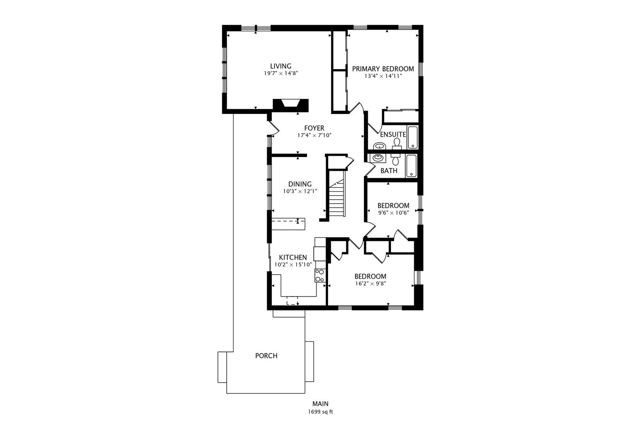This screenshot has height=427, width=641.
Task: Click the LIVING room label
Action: pyautogui.click(x=281, y=66)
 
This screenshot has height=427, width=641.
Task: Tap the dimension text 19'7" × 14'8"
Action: pyautogui.click(x=281, y=73)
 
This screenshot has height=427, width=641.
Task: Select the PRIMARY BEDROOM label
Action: pyautogui.click(x=383, y=68)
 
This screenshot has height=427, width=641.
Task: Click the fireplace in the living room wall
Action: pyautogui.click(x=291, y=104)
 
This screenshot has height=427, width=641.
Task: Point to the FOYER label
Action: pyautogui.click(x=314, y=128)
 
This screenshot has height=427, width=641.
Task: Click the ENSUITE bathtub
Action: pyautogui.click(x=413, y=137)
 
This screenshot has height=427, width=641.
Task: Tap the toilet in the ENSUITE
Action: pyautogui.click(x=397, y=144)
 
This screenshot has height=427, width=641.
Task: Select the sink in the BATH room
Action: pyautogui.click(x=378, y=158)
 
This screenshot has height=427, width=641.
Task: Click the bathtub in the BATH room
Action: pyautogui.click(x=412, y=166)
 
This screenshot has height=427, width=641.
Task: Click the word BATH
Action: pyautogui.click(x=389, y=171)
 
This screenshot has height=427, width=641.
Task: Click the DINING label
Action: pyautogui.click(x=300, y=184)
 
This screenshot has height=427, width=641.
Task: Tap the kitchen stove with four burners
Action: pyautogui.click(x=320, y=276)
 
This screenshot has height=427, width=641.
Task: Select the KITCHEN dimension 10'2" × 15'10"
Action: pyautogui.click(x=293, y=265)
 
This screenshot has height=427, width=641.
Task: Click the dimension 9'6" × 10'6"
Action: pyautogui.click(x=393, y=213)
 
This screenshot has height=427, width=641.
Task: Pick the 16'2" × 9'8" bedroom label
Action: pyautogui.click(x=370, y=283)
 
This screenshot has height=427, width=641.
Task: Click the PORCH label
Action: pyautogui.click(x=266, y=355)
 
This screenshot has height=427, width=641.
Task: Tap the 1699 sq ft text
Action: pyautogui.click(x=320, y=412)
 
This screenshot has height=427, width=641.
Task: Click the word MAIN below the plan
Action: pyautogui.click(x=320, y=404)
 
